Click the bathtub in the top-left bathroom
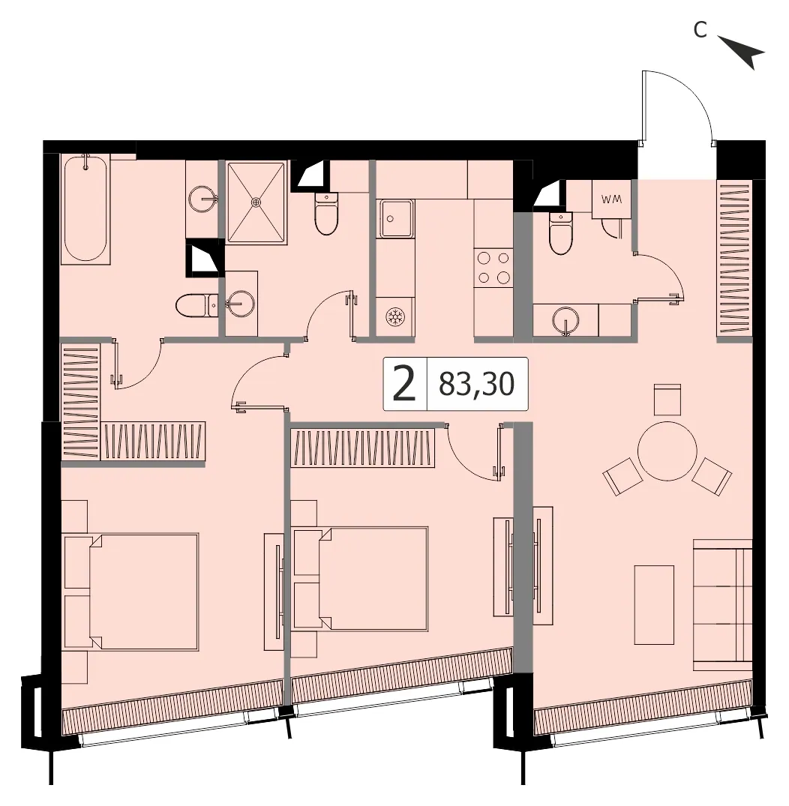[85, 208]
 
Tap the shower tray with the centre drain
[256, 202]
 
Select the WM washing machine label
[611, 199]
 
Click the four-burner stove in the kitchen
[493, 268]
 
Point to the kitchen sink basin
[395, 219]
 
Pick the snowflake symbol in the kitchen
[395, 317]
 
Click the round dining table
[667, 451]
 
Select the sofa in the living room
[723, 604]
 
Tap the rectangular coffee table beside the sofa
[654, 604]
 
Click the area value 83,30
[476, 384]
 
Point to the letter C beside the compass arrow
[700, 30]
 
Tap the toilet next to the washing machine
[560, 233]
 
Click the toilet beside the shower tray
[326, 214]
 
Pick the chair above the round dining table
[667, 400]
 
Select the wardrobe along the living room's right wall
[734, 259]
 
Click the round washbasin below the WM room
[565, 321]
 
